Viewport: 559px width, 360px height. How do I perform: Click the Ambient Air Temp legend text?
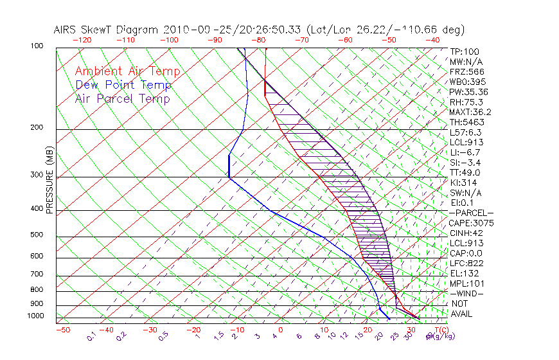pos(128,71)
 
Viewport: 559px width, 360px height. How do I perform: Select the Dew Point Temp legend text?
pos(123,85)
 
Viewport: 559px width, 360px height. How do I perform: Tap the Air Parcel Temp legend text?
pos(123,98)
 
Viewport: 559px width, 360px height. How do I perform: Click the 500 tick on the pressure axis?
pos(37,235)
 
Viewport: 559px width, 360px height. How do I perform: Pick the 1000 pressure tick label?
pos(35,316)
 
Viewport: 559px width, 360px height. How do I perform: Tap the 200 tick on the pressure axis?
pos(37,128)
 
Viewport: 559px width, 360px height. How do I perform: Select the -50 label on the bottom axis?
pos(62,330)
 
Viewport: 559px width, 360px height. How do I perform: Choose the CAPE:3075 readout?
pos(471,223)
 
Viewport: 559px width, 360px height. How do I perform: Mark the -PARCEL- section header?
pos(471,213)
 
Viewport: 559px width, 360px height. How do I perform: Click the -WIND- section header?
pos(466,293)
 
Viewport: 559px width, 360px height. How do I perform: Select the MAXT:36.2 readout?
pos(470,112)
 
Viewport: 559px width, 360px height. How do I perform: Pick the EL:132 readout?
pos(464,273)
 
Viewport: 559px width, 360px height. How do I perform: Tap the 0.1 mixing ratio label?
pos(92,336)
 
